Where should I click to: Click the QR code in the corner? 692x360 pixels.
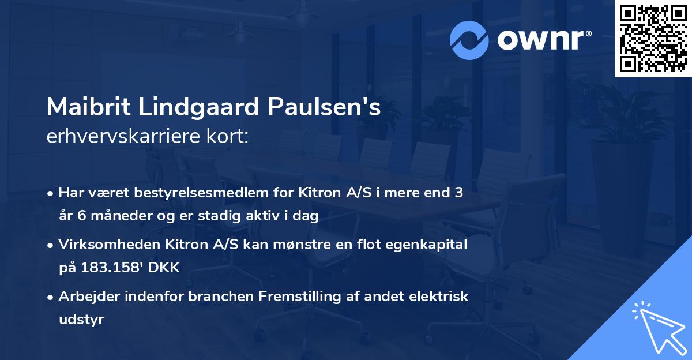pyautogui.click(x=652, y=38)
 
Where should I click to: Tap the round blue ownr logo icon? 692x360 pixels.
pyautogui.click(x=469, y=40)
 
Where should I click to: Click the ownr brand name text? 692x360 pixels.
pyautogui.click(x=543, y=40)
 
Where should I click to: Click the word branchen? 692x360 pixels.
pyautogui.click(x=219, y=297)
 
